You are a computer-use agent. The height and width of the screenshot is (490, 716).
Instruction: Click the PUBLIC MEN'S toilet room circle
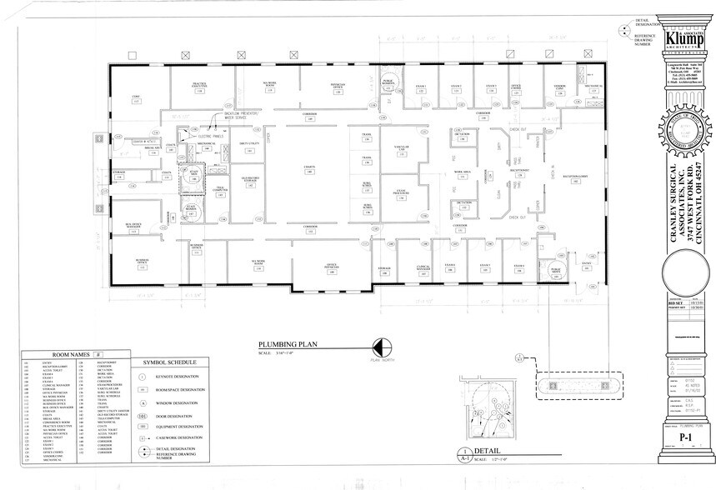click(554, 271)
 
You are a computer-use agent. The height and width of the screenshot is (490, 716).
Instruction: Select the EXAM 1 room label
click(421, 87)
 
